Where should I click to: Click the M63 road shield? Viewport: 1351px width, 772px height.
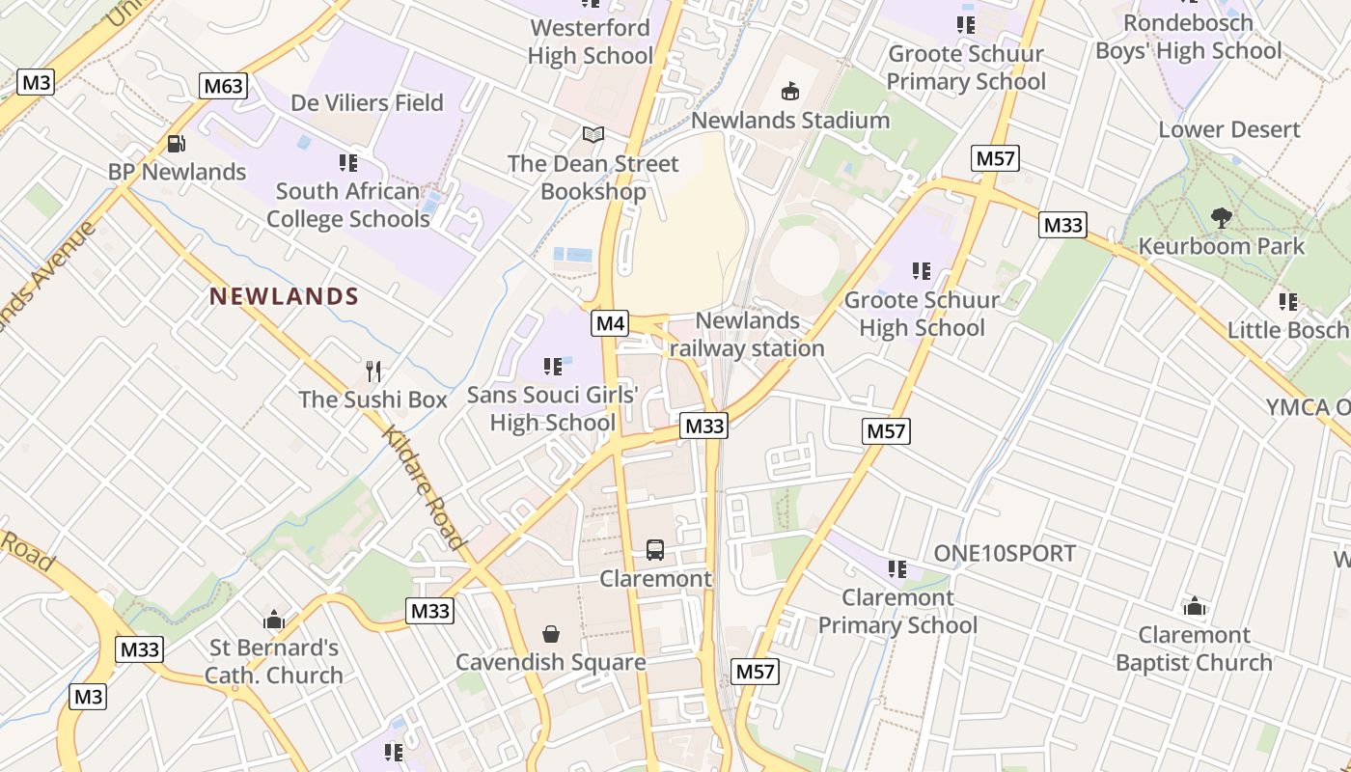point(224,86)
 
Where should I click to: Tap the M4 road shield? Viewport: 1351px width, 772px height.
point(610,323)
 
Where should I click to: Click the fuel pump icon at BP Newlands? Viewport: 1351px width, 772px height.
point(177,144)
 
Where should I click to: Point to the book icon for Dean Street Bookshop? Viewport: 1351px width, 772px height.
point(593,135)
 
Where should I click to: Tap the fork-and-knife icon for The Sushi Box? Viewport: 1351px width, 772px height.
point(373,371)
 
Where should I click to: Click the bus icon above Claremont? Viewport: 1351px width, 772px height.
point(655,550)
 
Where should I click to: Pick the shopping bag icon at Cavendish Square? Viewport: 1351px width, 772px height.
point(551,634)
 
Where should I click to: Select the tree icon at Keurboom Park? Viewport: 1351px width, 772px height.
point(1221,218)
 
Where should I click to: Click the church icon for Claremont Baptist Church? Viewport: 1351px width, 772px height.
point(1195,606)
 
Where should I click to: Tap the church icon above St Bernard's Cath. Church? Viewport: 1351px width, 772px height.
point(274,620)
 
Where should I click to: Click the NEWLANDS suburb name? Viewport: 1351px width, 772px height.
point(284,297)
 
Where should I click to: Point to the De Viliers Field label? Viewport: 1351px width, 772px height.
point(367,102)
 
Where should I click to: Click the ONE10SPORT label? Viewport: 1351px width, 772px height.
point(1004,553)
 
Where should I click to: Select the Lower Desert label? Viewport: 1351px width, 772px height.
point(1229,129)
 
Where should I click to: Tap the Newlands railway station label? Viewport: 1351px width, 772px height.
point(747,334)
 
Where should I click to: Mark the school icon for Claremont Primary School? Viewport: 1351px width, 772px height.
point(897,569)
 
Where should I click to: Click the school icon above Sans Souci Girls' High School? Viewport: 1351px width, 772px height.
point(553,367)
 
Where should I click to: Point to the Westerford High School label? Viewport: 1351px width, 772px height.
point(591,41)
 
